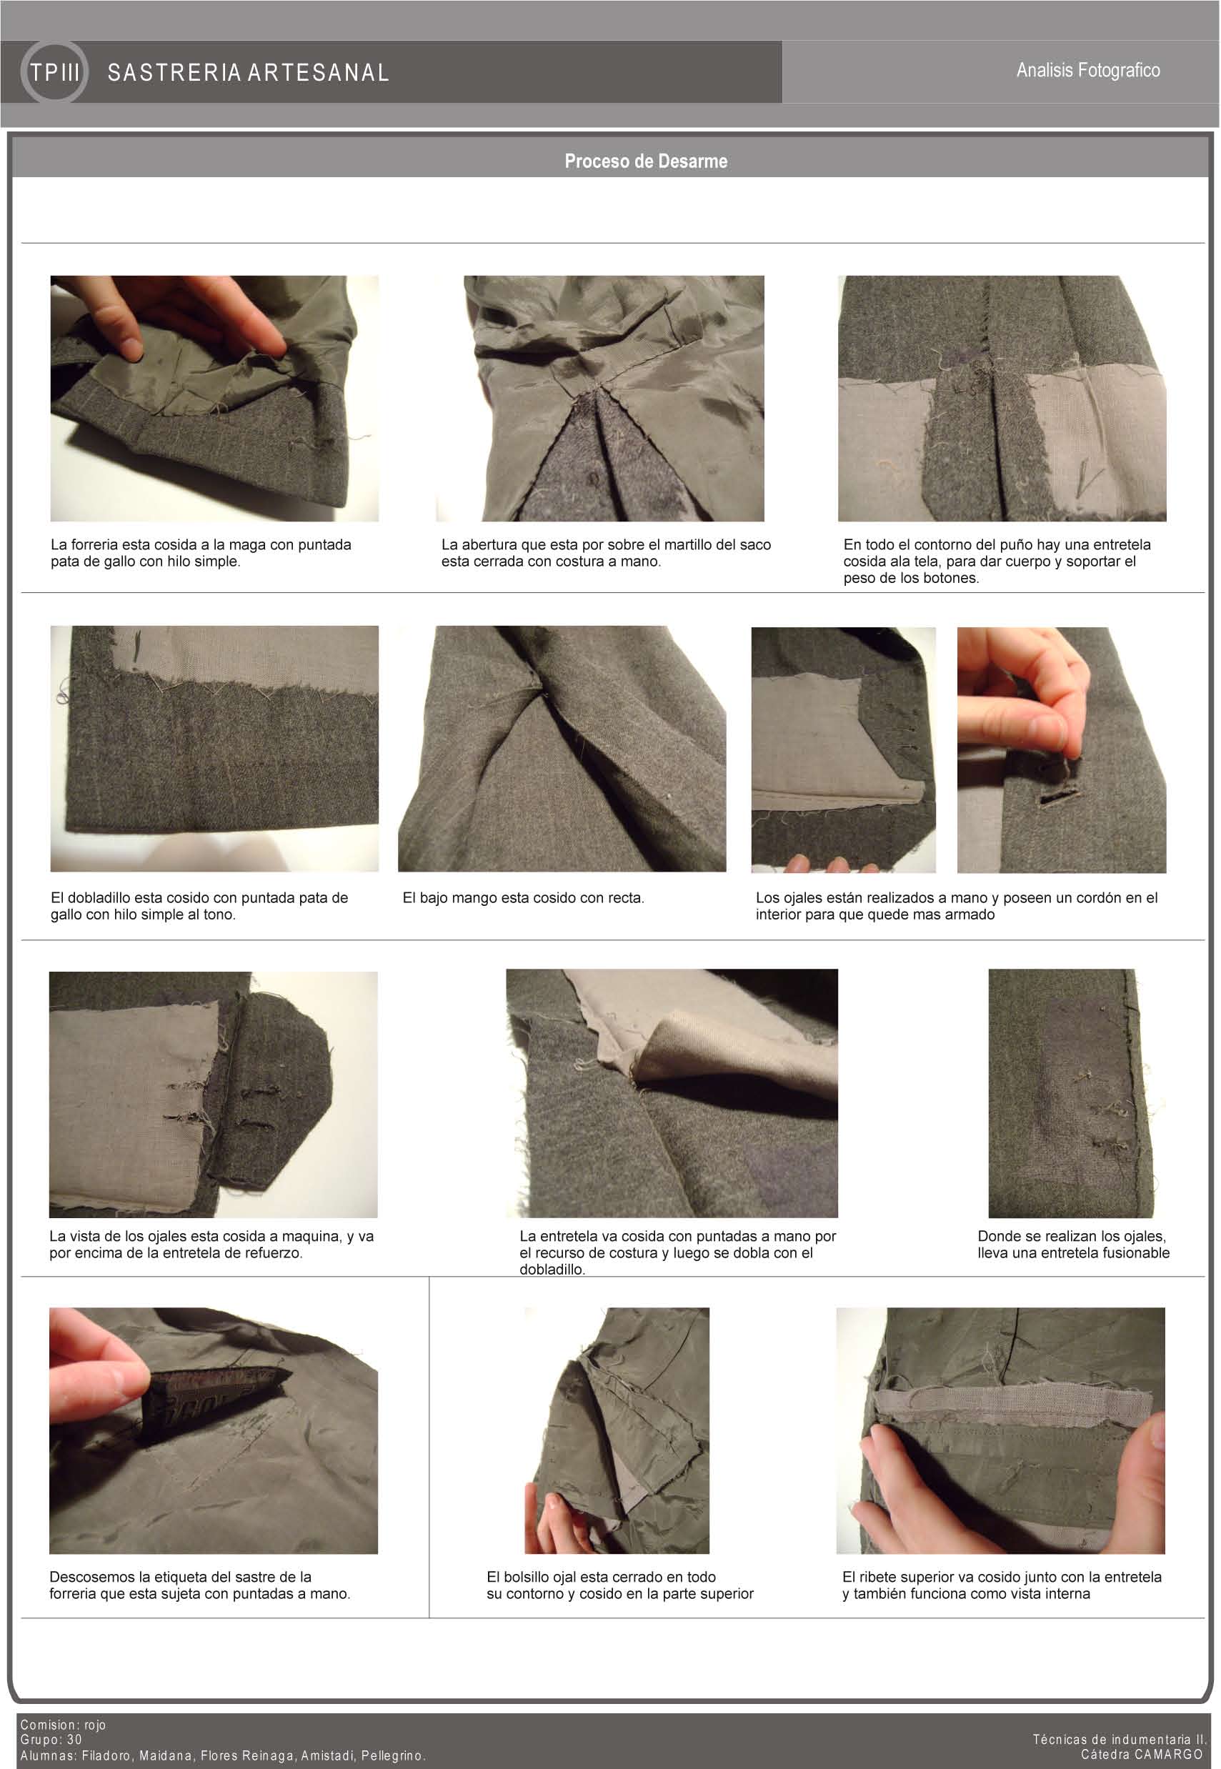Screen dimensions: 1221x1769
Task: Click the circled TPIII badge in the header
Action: click(54, 73)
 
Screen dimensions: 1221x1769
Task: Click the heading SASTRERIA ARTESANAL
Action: click(249, 73)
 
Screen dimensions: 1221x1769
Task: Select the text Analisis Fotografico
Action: click(1088, 70)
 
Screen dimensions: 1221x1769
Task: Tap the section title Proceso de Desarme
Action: click(646, 161)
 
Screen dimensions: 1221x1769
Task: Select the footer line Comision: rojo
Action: click(64, 1725)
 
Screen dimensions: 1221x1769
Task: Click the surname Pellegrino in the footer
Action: click(393, 1755)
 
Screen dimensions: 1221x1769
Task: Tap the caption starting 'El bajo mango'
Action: click(523, 898)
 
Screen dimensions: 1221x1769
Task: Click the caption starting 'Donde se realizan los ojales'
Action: click(1073, 1245)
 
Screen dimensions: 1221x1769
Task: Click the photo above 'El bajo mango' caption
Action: click(562, 749)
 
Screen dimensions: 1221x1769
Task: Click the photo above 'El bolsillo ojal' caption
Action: click(617, 1430)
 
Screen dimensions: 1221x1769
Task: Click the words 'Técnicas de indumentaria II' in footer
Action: click(1120, 1739)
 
